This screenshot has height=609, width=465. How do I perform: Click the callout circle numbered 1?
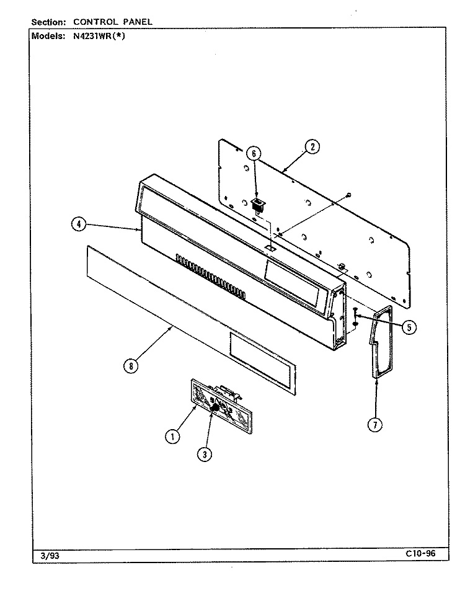[172, 437]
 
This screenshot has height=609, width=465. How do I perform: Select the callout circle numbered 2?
[312, 147]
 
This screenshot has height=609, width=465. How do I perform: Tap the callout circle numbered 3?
[205, 454]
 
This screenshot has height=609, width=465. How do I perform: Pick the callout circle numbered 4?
[79, 224]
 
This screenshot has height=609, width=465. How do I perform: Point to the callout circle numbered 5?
[409, 327]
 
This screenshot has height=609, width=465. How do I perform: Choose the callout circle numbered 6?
[254, 154]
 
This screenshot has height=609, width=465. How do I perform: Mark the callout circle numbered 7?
[375, 425]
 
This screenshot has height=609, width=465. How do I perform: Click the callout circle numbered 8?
[131, 365]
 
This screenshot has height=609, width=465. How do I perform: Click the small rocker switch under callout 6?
[258, 204]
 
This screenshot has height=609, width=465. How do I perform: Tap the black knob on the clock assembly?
[214, 407]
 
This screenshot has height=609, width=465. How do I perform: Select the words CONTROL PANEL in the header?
[113, 22]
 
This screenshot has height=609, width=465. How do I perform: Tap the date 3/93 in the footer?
[50, 556]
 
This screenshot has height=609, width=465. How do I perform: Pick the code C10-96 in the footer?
[420, 553]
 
